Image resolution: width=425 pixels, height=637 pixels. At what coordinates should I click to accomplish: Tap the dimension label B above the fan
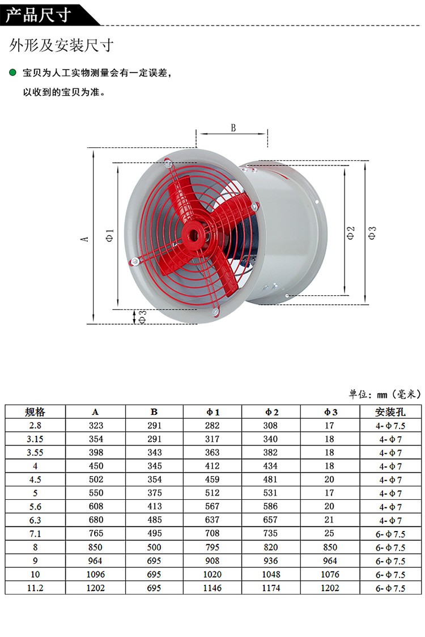coord(233,128)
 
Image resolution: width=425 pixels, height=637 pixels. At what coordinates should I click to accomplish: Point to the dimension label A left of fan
coord(85,239)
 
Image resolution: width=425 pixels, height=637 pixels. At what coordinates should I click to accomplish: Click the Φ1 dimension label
coord(110,236)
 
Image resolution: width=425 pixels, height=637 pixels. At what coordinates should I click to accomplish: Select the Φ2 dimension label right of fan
coord(351,233)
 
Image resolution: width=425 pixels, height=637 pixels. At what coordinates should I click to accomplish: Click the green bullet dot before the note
coord(12,73)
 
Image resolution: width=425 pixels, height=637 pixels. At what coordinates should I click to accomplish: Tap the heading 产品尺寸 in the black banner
coord(38,15)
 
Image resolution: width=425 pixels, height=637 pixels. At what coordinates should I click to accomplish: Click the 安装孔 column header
coord(390,412)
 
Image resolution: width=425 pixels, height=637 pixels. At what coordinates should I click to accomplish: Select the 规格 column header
coord(35,412)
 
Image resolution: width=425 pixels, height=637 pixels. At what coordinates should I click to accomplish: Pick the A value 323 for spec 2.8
coord(96,426)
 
